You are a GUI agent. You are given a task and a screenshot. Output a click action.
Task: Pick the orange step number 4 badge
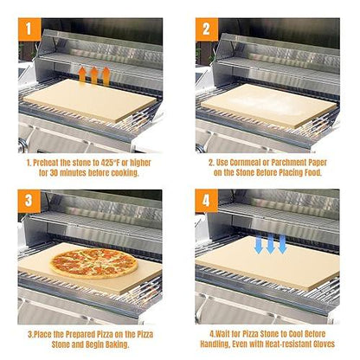(208, 202)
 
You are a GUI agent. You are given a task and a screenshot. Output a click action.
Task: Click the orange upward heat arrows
(94, 75)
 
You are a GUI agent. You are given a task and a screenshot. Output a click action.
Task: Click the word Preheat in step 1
(50, 161)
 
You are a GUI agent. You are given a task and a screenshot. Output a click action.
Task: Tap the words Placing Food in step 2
(302, 172)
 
